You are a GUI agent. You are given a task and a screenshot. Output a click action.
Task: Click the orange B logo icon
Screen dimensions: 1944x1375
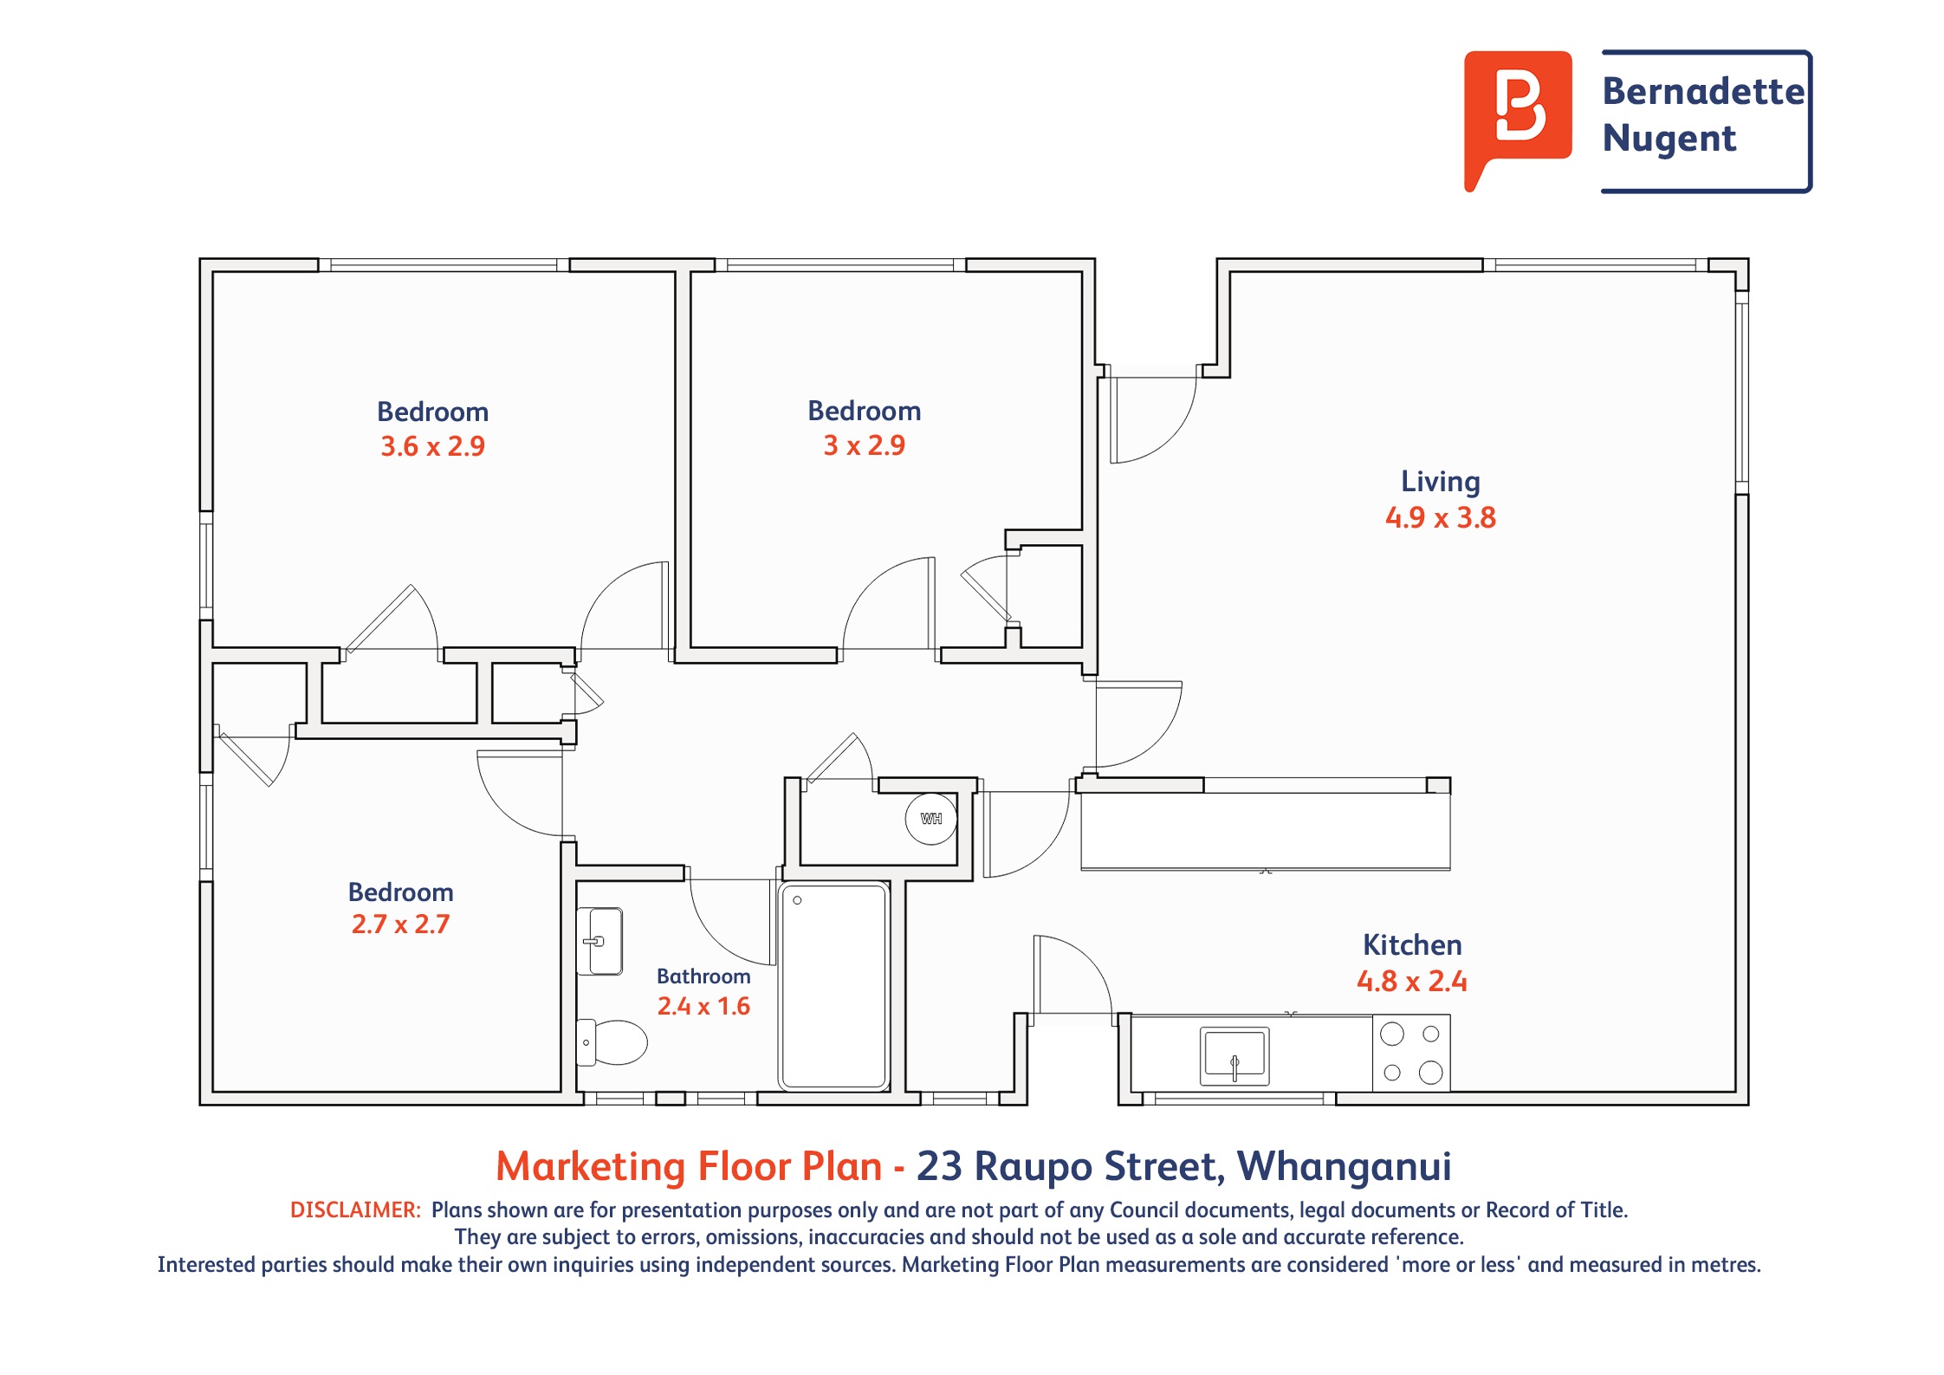[1517, 113]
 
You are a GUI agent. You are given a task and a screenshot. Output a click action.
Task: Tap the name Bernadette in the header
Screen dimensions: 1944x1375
[1703, 91]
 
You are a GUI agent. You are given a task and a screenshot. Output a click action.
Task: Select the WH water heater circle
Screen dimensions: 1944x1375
[931, 819]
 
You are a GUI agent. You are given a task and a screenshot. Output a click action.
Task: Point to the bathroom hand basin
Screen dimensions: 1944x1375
[599, 941]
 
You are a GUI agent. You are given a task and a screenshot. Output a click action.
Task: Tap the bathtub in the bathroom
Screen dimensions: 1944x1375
[833, 985]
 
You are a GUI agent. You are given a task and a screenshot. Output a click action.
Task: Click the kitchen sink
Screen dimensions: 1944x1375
[1234, 1056]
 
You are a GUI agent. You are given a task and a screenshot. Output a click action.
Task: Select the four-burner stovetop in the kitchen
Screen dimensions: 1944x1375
[1411, 1053]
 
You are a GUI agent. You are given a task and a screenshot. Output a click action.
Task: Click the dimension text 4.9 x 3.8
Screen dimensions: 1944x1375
[1440, 518]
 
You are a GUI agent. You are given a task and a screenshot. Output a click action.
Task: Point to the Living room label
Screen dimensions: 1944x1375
[1441, 483]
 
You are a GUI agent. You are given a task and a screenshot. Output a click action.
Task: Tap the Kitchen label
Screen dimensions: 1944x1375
[1412, 945]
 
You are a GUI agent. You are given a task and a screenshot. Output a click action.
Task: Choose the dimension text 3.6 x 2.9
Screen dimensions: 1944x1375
[433, 447]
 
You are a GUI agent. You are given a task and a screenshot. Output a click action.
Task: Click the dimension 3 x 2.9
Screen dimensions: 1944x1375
[864, 445]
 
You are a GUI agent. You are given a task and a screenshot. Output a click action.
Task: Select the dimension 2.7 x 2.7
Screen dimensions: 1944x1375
[400, 924]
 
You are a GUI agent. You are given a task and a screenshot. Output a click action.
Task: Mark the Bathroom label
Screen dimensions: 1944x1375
[703, 976]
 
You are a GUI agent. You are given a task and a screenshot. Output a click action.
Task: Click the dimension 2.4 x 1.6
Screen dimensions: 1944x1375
[703, 1007]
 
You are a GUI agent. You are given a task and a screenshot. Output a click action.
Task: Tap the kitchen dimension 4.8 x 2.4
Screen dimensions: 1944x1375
[1412, 982]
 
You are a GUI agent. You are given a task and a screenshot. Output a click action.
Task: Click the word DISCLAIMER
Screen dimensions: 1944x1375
[355, 1210]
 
